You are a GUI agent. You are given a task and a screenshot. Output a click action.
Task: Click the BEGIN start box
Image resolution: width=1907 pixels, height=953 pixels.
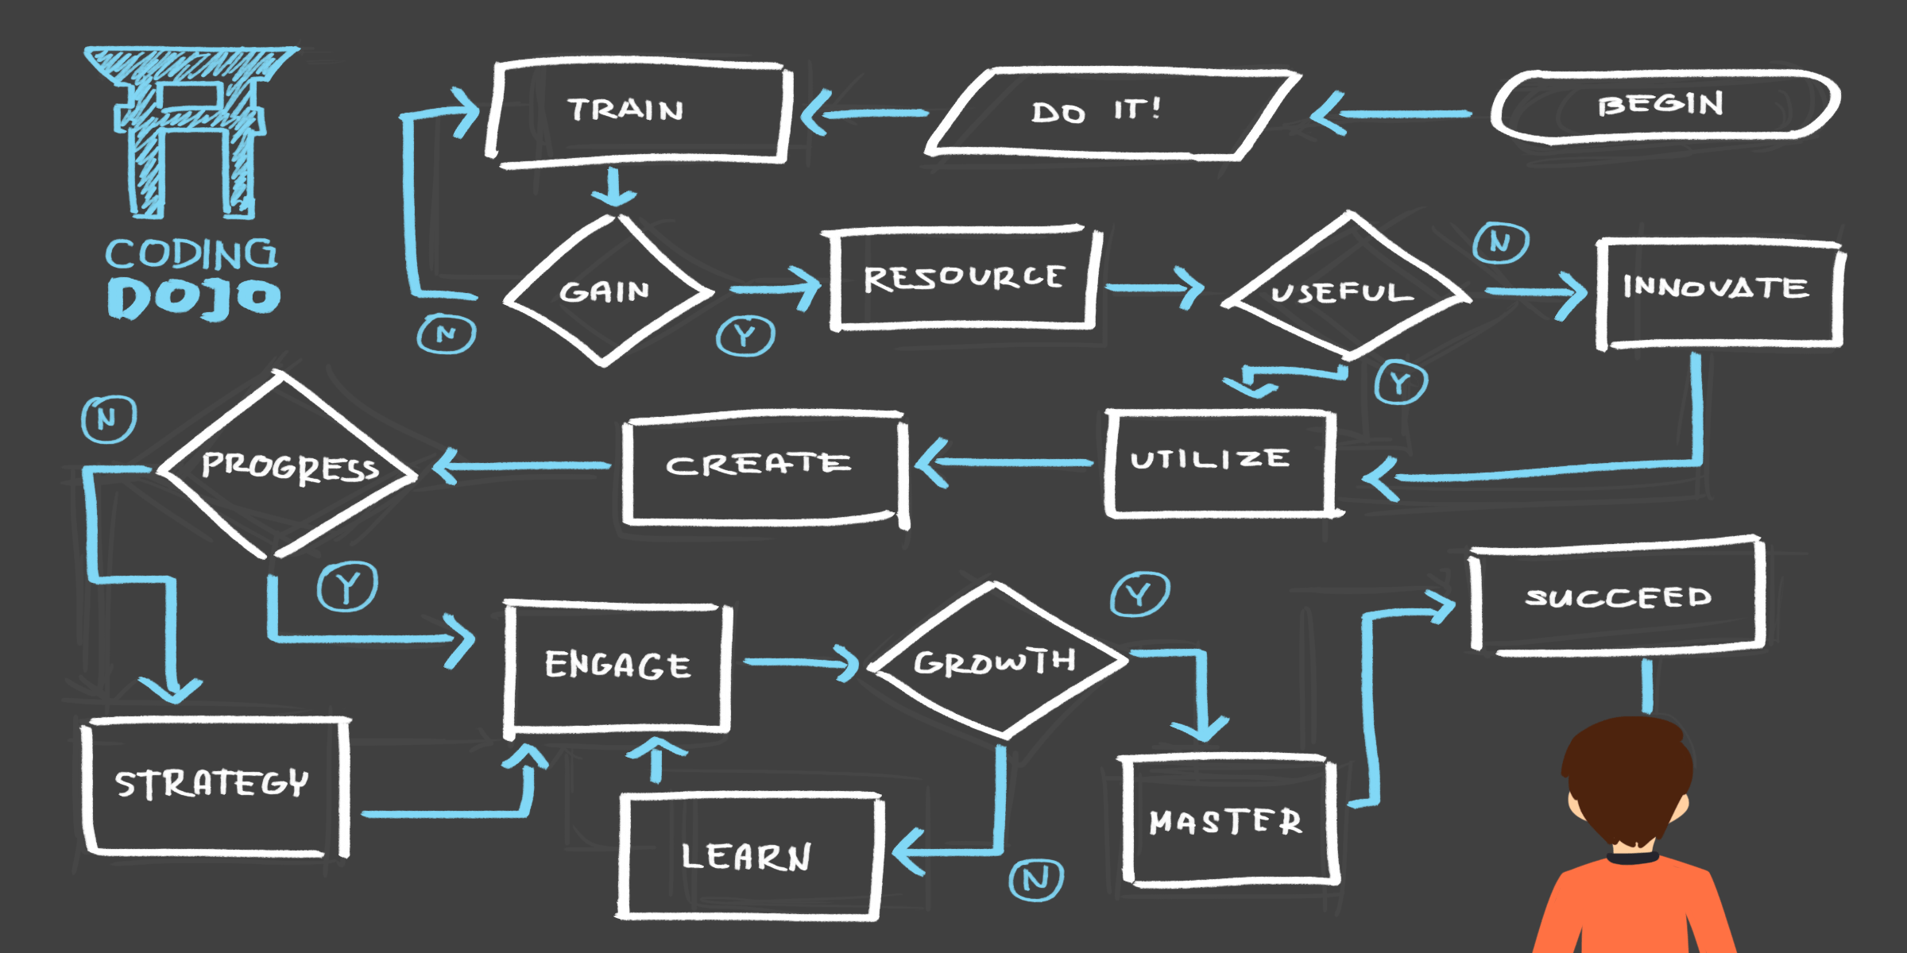coord(1665,106)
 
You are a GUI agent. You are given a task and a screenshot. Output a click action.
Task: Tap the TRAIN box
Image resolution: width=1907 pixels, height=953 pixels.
coord(636,111)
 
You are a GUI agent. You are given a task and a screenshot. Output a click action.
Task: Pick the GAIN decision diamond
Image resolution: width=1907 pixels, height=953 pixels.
coord(605,291)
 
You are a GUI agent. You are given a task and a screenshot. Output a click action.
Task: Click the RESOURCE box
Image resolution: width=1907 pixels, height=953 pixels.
coord(963,278)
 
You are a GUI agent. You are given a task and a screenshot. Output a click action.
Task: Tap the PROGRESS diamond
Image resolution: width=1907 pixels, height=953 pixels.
coord(288,466)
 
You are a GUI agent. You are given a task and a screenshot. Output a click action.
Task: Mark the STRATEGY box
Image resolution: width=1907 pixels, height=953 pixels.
coord(213,785)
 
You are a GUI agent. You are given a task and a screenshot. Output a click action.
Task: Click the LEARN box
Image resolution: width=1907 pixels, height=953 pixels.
coord(747,856)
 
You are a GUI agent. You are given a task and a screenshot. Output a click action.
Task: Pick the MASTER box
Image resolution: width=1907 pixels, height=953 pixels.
coord(1228,820)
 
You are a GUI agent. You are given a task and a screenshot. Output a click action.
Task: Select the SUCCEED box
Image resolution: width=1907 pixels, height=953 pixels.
coord(1617,597)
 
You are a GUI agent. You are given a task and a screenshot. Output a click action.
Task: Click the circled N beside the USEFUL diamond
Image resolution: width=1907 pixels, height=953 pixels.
coord(1500,242)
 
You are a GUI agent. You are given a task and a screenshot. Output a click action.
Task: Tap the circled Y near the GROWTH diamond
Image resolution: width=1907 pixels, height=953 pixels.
coord(1139,594)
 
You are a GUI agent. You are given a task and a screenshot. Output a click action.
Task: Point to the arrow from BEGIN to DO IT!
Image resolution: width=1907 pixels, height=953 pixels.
coord(1391,114)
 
